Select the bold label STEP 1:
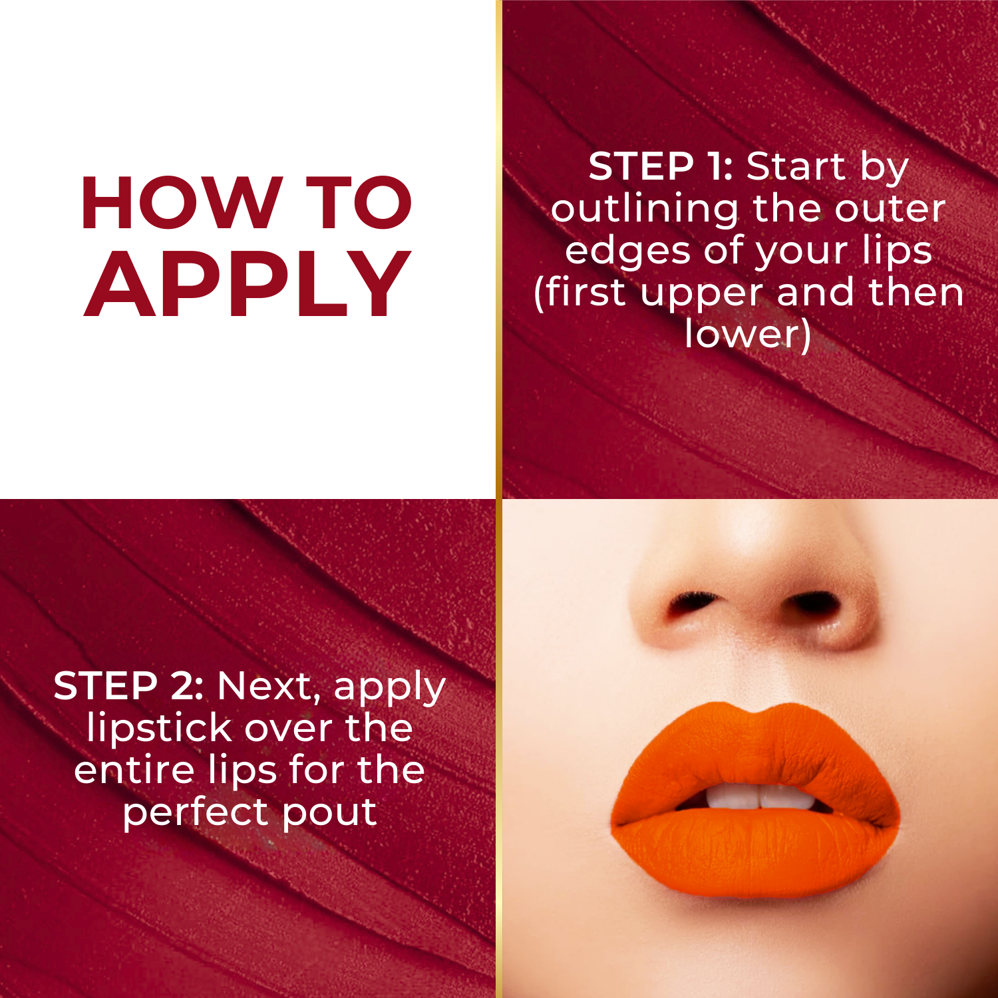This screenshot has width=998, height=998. [661, 166]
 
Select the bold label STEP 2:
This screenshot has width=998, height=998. [128, 686]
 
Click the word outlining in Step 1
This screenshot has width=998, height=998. [644, 210]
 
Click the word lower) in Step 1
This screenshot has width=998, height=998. [748, 334]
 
